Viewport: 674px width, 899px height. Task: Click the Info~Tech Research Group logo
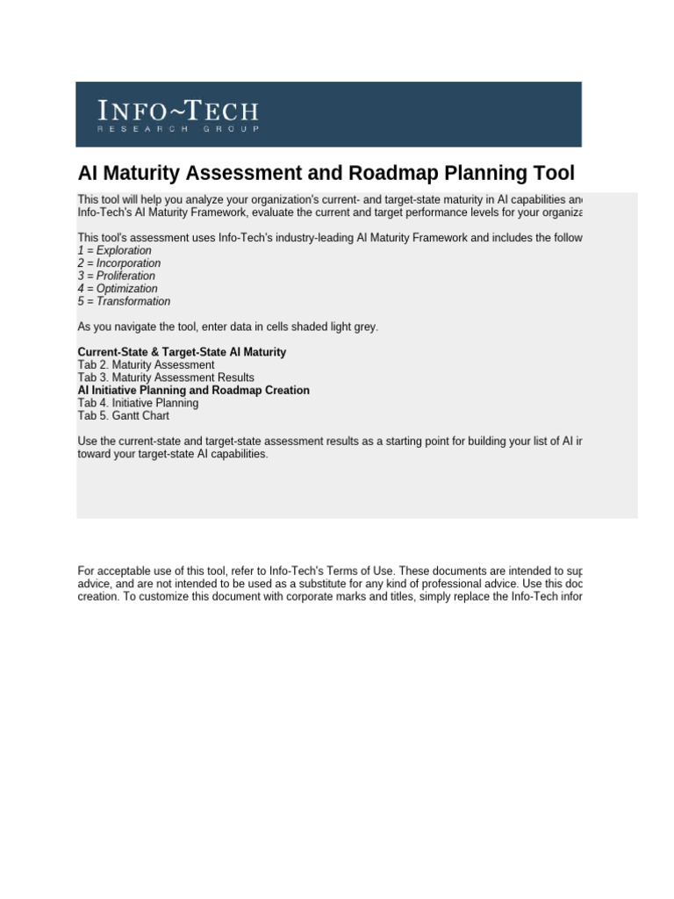(x=178, y=116)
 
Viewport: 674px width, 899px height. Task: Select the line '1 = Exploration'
(x=114, y=251)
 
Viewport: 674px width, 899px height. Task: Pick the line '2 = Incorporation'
(x=118, y=263)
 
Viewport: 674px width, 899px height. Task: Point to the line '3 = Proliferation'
(x=118, y=277)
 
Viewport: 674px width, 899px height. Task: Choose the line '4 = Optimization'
(x=118, y=289)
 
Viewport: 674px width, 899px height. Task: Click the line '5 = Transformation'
(x=124, y=301)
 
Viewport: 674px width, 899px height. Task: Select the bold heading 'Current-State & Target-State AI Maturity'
(x=182, y=352)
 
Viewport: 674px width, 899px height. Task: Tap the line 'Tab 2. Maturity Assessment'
(x=146, y=364)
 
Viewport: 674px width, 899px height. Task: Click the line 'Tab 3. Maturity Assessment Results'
(x=166, y=378)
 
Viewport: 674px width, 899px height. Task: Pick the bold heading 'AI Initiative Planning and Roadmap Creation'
(x=193, y=390)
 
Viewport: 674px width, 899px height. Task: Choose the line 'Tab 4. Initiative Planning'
(x=138, y=403)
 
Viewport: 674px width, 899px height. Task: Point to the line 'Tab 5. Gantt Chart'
(x=123, y=415)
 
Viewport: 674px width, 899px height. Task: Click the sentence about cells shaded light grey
(x=228, y=327)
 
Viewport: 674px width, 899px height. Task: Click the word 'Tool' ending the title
(x=549, y=172)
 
